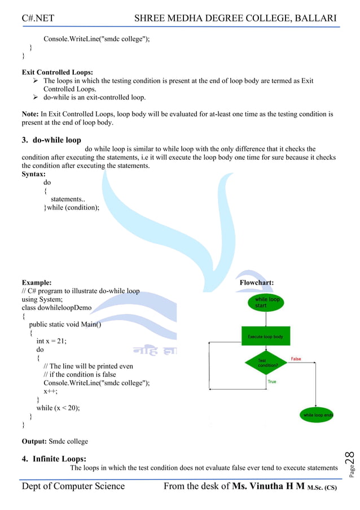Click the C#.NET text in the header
pyautogui.click(x=38, y=18)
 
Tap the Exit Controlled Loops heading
pyautogui.click(x=58, y=72)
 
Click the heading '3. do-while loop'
pyautogui.click(x=51, y=140)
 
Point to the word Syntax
pyautogui.click(x=34, y=175)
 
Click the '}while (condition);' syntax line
pyautogui.click(x=72, y=208)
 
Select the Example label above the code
pyautogui.click(x=37, y=282)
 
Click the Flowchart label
pyautogui.click(x=257, y=282)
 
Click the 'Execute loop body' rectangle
pyautogui.click(x=265, y=337)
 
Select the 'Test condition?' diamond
pyautogui.click(x=265, y=363)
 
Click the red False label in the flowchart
pyautogui.click(x=296, y=359)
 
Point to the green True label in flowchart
pyautogui.click(x=272, y=382)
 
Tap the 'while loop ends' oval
pyautogui.click(x=317, y=415)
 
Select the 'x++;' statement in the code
pyautogui.click(x=51, y=391)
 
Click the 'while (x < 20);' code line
pyautogui.click(x=58, y=408)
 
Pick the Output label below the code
pyautogui.click(x=34, y=441)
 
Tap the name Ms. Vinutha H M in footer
pyautogui.click(x=268, y=486)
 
